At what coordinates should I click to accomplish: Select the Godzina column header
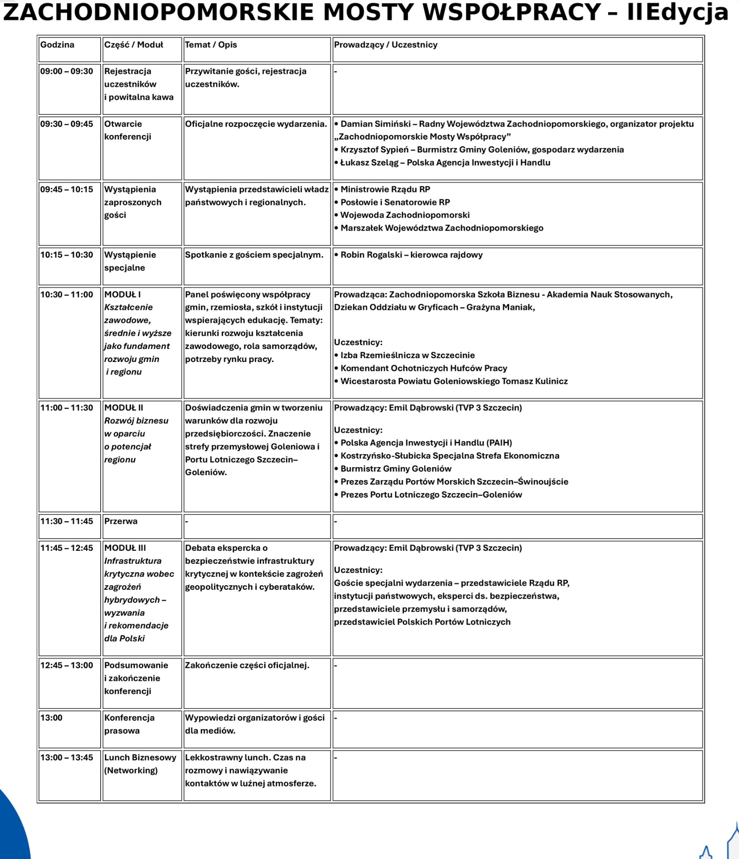coord(57,45)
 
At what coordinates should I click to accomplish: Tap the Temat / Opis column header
coord(211,45)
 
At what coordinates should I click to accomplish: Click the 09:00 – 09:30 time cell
coord(67,71)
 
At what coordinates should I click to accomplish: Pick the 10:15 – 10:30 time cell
coord(67,255)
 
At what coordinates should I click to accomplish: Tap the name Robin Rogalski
coord(371,255)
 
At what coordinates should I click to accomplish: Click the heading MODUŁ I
coord(122,294)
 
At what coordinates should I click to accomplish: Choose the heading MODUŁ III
coord(125,548)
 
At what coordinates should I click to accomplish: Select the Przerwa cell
coord(121,521)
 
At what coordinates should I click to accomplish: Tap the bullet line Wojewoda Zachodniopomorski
coord(405,215)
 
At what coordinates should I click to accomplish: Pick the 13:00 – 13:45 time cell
coord(67,757)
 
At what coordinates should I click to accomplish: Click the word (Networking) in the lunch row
coord(131,770)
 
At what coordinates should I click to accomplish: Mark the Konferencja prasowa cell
coord(129,724)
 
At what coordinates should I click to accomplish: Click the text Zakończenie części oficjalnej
coord(247,665)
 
